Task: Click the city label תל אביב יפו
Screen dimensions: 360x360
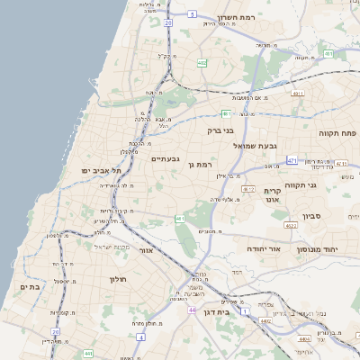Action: click(x=101, y=169)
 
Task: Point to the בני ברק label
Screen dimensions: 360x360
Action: click(x=220, y=130)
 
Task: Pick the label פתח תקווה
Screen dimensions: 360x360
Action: click(x=338, y=131)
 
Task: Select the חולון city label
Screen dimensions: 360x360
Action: click(x=120, y=279)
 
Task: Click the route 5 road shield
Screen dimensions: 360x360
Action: click(x=193, y=14)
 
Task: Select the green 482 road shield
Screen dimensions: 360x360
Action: click(x=202, y=63)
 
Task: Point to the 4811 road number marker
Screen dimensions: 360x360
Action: click(x=298, y=92)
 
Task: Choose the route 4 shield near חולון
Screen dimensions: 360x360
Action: click(x=140, y=337)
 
